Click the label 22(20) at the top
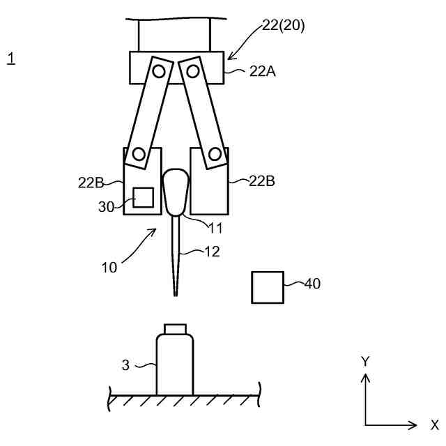point(283,26)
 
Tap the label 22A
point(263,70)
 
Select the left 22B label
point(91,183)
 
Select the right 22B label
point(262,180)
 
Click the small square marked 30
point(144,197)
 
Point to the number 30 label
point(106,206)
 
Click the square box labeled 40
point(268,287)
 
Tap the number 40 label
point(312,284)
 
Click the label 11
point(216,228)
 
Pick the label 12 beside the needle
point(212,252)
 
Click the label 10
point(109,266)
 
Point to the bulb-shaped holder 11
point(176,192)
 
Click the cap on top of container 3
point(174,329)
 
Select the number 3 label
point(125,364)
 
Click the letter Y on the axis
point(364,361)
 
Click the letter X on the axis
point(434,424)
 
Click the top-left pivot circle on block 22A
point(160,70)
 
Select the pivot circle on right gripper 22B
point(215,153)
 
